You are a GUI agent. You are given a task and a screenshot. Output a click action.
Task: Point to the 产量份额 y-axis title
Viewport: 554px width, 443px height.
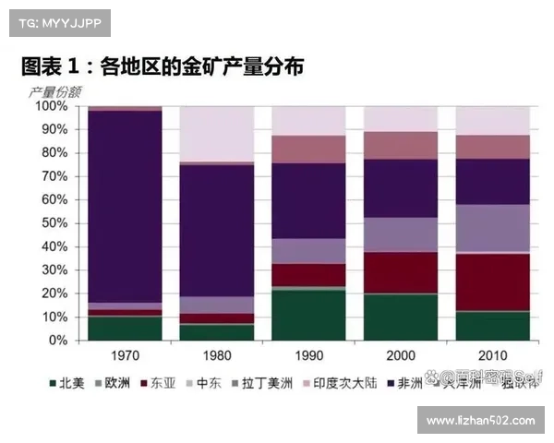54,91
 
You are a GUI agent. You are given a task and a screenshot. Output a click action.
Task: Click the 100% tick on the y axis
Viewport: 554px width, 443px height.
52,106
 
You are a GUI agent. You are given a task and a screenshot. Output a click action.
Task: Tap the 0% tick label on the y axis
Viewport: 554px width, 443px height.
58,341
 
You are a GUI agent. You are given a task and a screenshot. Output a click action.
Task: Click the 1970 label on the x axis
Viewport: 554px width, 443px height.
125,356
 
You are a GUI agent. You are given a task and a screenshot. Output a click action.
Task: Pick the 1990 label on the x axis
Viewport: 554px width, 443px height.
308,356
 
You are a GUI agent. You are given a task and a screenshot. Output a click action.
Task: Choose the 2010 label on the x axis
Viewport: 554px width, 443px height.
492,356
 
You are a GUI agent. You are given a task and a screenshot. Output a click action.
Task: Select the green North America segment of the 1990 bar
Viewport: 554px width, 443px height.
308,315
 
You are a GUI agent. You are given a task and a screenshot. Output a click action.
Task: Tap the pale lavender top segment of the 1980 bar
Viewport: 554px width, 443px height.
216,134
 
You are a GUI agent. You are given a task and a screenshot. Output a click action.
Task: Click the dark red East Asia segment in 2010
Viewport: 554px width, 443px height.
492,281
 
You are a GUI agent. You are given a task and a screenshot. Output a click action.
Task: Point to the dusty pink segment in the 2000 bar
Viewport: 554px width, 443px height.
400,145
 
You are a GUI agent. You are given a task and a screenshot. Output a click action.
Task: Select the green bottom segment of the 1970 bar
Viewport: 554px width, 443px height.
125,329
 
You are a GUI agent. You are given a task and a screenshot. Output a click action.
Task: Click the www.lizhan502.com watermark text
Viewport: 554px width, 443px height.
480,421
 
